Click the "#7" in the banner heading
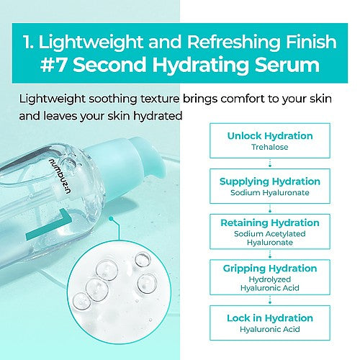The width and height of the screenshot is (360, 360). pyautogui.click(x=53, y=64)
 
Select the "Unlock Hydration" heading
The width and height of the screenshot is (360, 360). pyautogui.click(x=270, y=136)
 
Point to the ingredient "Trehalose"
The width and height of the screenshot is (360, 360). pyautogui.click(x=270, y=147)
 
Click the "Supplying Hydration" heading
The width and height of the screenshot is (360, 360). pyautogui.click(x=270, y=181)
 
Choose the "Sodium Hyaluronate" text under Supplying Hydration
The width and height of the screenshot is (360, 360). pyautogui.click(x=270, y=192)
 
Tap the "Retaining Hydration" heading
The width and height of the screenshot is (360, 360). pyautogui.click(x=270, y=223)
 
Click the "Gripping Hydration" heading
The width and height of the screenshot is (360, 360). pyautogui.click(x=270, y=269)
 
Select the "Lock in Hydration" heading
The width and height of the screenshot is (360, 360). pyautogui.click(x=270, y=318)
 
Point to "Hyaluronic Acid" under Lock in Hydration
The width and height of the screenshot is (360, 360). pyautogui.click(x=270, y=329)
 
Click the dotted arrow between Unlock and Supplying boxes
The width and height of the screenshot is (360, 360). pyautogui.click(x=270, y=163)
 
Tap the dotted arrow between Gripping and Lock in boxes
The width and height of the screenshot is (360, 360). pyautogui.click(x=270, y=300)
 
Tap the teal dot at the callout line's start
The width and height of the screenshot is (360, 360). pyautogui.click(x=111, y=219)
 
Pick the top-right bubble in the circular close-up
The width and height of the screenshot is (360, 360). pyautogui.click(x=143, y=260)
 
